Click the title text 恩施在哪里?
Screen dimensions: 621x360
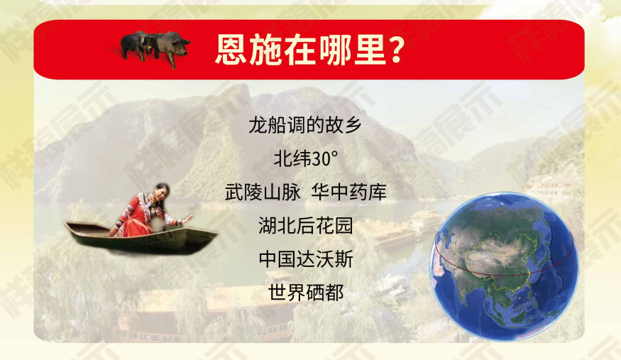click(310, 50)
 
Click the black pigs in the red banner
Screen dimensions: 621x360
click(155, 48)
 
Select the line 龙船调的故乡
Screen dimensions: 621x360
click(305, 125)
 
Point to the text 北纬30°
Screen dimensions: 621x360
click(306, 159)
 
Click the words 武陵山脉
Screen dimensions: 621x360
click(263, 192)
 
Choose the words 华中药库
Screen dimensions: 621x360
click(348, 192)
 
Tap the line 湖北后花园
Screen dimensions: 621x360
click(305, 226)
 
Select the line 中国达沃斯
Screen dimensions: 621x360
click(305, 259)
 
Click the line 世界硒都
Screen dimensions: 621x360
click(305, 293)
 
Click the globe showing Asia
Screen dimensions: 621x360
click(503, 266)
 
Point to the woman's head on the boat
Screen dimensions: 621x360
click(163, 193)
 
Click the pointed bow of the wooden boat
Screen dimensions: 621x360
click(67, 224)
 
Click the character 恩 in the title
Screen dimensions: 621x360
click(231, 50)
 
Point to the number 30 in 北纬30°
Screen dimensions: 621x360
click(321, 159)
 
